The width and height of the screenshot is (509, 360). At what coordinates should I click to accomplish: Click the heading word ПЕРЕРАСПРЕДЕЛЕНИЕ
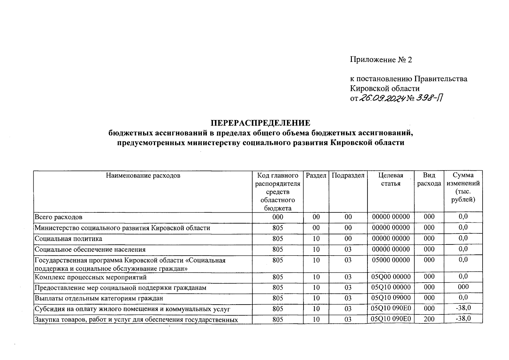click(260, 123)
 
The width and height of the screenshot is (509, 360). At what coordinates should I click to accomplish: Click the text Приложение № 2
click(381, 60)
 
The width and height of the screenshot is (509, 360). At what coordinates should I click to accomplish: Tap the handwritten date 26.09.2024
click(383, 98)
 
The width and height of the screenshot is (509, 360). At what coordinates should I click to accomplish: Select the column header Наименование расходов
click(143, 175)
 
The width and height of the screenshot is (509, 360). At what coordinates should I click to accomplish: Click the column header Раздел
click(316, 175)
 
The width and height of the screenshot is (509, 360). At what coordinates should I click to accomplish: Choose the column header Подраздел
click(348, 175)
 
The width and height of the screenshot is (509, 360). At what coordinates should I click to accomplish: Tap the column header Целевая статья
click(391, 179)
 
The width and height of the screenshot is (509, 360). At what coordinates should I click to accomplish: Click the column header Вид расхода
click(429, 179)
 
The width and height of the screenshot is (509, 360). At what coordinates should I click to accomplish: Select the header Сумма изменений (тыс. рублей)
click(463, 187)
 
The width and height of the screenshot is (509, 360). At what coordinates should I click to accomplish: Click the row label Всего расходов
click(58, 217)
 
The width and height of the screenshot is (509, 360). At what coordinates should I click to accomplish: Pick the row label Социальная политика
click(68, 239)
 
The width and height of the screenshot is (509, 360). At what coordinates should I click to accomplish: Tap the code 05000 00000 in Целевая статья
click(391, 260)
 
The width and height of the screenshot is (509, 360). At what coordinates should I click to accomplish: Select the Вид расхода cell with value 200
click(429, 319)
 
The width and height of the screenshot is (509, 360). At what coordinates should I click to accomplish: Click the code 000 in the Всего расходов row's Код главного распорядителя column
click(278, 217)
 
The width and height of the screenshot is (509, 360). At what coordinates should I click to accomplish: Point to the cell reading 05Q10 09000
click(391, 298)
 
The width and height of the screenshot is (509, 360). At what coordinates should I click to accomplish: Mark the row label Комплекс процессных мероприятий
click(91, 277)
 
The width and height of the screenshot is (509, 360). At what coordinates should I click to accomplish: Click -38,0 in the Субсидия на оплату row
click(463, 308)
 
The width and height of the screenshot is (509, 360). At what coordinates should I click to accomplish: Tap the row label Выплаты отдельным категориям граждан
click(99, 298)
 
